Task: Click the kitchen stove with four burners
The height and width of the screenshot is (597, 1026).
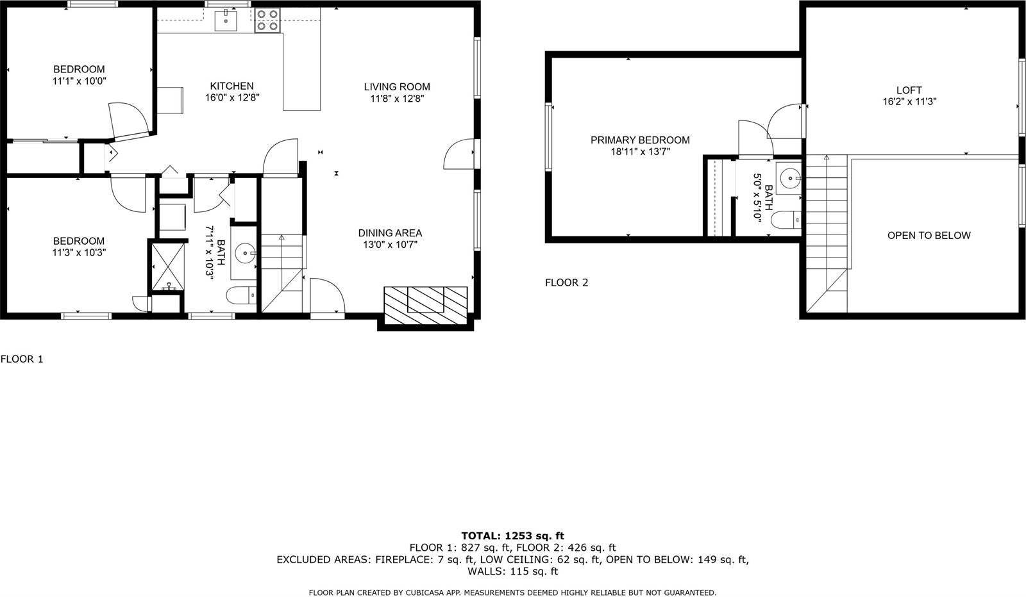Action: pos(267,20)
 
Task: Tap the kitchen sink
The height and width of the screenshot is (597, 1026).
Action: pos(226,20)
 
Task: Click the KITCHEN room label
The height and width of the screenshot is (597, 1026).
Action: pos(231,86)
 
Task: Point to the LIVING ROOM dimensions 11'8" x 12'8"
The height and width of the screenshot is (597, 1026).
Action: pos(397,99)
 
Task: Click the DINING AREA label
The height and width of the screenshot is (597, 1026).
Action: pos(390,233)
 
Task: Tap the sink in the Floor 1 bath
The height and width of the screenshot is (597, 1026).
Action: pos(246,254)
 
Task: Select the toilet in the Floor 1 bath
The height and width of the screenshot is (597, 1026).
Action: pos(240,295)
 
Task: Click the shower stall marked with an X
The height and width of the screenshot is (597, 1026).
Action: pos(167,265)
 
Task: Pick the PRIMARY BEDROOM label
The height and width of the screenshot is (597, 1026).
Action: pos(640,140)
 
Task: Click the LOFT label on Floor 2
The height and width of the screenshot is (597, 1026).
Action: pos(909,90)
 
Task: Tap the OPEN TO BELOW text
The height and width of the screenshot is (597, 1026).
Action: pos(929,235)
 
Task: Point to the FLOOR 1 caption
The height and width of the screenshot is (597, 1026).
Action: pos(22,359)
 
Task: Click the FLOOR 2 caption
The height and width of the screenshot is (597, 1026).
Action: pos(566,282)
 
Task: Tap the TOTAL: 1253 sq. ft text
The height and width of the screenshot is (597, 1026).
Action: pos(512,536)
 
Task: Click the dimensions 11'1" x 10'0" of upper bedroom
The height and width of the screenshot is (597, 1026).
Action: pos(79,81)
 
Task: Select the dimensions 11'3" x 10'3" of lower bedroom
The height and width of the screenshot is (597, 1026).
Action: pos(79,252)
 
